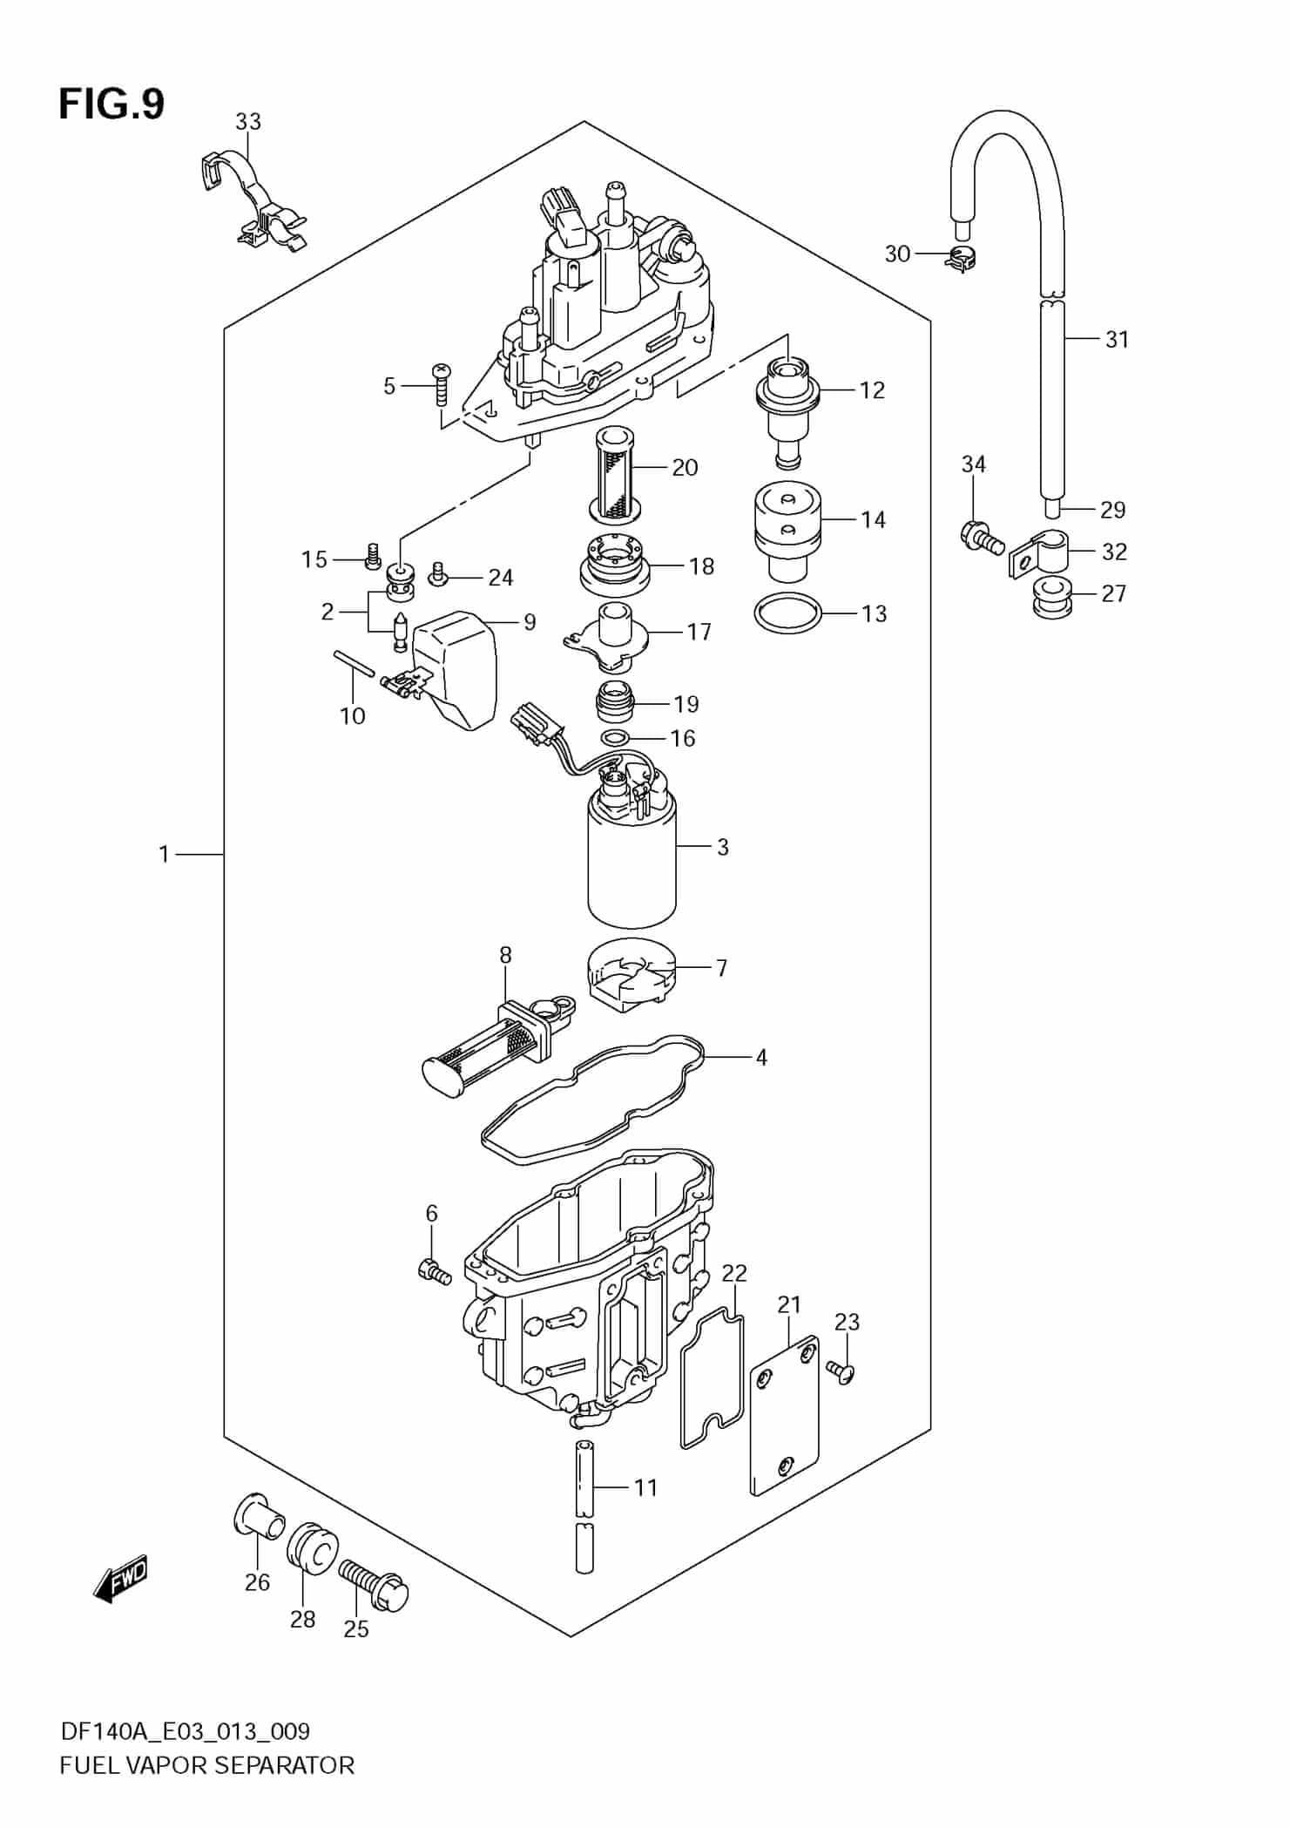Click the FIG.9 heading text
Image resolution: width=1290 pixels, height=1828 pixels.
[111, 105]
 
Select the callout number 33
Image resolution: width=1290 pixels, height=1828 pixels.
[248, 122]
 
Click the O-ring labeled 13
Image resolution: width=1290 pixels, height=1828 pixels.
[787, 613]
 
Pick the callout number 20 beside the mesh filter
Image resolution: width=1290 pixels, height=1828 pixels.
[685, 468]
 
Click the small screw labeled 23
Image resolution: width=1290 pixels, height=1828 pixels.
[844, 1372]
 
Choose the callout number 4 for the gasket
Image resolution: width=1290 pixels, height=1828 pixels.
[761, 1058]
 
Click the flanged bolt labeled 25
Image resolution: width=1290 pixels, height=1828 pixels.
[375, 1584]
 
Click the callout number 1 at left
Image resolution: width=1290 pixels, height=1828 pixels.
[164, 855]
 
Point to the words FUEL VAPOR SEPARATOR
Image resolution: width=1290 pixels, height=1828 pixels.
[207, 1765]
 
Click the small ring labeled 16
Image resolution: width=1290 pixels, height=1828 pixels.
[616, 739]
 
